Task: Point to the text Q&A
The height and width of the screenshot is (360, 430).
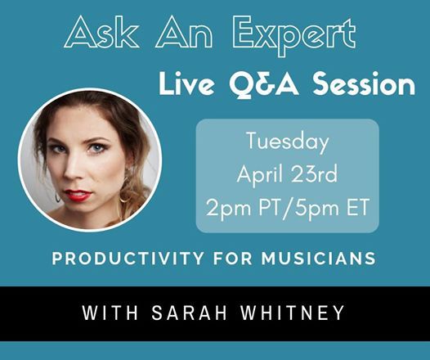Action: coord(263,83)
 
